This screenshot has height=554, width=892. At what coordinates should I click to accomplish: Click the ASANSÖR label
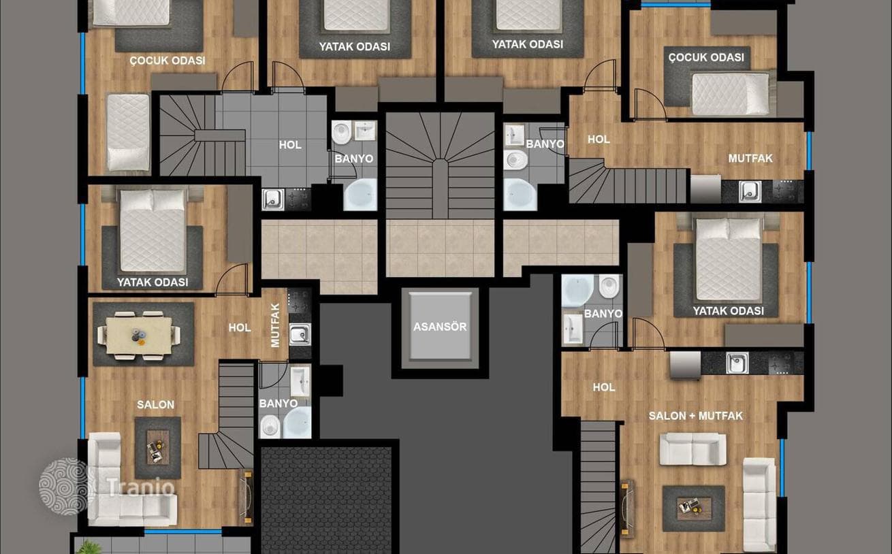[x=440, y=327]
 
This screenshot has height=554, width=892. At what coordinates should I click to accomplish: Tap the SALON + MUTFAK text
[x=696, y=416]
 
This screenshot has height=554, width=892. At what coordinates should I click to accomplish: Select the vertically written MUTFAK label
[x=275, y=325]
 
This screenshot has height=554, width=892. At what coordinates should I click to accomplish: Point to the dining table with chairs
[x=139, y=335]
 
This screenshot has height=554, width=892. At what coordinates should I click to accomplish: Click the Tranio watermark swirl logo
[x=67, y=487]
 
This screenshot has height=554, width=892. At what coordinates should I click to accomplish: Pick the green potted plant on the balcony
[x=91, y=547]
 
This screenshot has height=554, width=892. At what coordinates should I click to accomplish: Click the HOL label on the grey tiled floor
[x=290, y=145]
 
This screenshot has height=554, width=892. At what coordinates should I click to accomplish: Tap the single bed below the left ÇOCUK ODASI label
[x=128, y=133]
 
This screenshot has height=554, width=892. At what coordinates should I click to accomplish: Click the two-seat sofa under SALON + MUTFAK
[x=693, y=449]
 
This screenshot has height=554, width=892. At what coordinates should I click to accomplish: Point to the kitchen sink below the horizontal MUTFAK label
[x=750, y=191]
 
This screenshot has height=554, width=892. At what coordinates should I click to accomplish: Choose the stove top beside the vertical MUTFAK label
[x=300, y=301]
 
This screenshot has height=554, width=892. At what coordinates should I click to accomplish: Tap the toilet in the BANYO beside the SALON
[x=270, y=427]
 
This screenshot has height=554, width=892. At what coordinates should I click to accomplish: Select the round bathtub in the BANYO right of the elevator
[x=577, y=290]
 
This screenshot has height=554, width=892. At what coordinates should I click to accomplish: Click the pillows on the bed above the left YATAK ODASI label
[x=153, y=200]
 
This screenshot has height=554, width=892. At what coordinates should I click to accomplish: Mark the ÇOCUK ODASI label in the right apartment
[x=706, y=58]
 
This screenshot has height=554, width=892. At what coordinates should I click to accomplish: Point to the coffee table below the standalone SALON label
[x=158, y=447]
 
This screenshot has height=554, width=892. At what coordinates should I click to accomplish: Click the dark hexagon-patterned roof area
[x=327, y=500]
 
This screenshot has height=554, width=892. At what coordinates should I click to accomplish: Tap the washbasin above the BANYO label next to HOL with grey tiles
[x=365, y=131]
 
